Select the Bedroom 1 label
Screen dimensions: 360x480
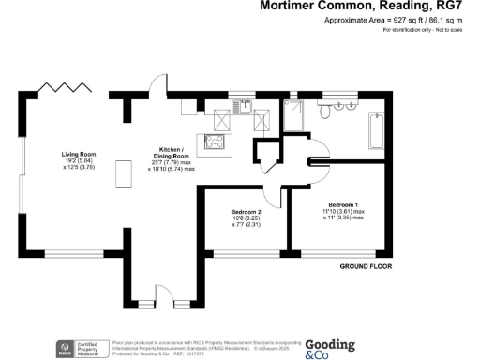pyautogui.click(x=344, y=204)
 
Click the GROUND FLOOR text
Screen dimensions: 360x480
pyautogui.click(x=366, y=266)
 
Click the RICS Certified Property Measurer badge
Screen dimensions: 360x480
pyautogui.click(x=81, y=348)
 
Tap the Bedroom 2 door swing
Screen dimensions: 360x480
pyautogui.click(x=276, y=196)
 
